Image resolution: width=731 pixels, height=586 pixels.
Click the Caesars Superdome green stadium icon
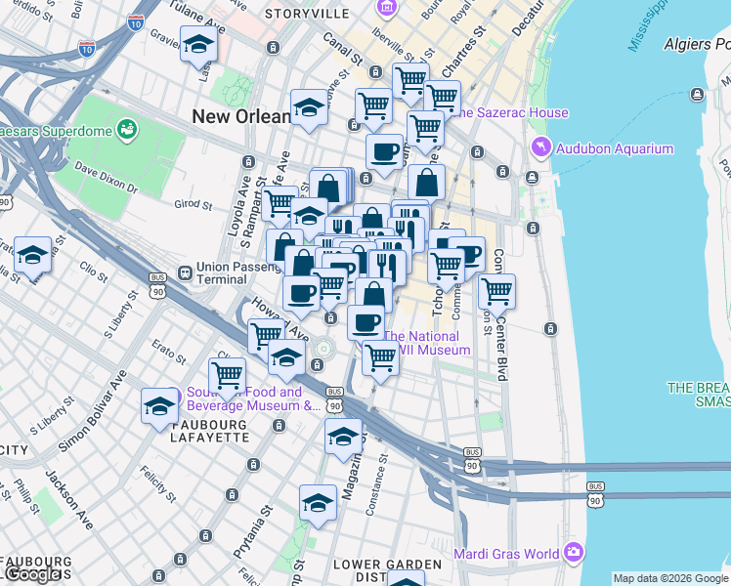pyautogui.click(x=126, y=128)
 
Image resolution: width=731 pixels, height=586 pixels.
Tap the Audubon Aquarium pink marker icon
pyautogui.click(x=540, y=148)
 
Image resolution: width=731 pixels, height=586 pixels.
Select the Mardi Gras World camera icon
pyautogui.click(x=572, y=554)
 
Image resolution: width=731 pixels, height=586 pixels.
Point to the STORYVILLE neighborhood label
pyautogui.click(x=308, y=14)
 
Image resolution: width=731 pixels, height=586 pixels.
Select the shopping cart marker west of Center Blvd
pyautogui.click(x=496, y=290)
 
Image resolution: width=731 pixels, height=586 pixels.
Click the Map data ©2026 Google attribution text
pyautogui.click(x=670, y=578)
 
